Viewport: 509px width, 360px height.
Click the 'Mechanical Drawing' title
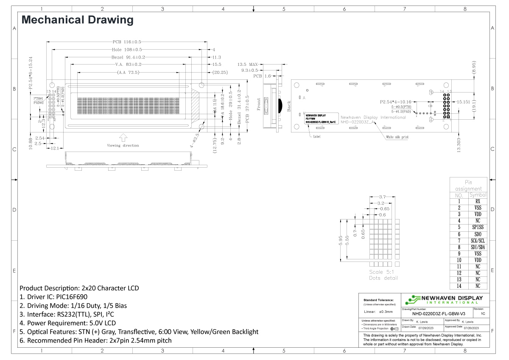(x=77, y=20)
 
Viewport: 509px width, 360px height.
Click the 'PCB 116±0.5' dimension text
(x=127, y=42)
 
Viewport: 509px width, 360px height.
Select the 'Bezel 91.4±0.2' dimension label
(x=128, y=57)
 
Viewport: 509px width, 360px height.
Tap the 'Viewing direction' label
(x=123, y=145)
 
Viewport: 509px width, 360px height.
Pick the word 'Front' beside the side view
(x=258, y=104)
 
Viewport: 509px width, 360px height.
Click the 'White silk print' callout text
(x=397, y=137)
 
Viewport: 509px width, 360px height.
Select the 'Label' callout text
(x=317, y=137)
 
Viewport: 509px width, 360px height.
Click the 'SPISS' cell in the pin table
(x=478, y=227)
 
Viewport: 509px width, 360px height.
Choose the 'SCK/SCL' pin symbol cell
(x=478, y=240)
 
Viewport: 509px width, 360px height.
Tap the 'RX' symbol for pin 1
(x=478, y=201)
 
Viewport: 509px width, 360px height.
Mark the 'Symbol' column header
(x=478, y=195)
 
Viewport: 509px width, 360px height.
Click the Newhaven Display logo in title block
(x=445, y=299)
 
